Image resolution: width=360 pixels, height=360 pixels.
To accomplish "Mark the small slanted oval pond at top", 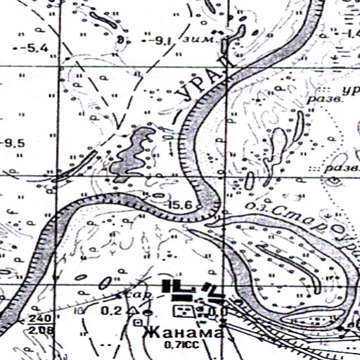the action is point(110,20).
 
